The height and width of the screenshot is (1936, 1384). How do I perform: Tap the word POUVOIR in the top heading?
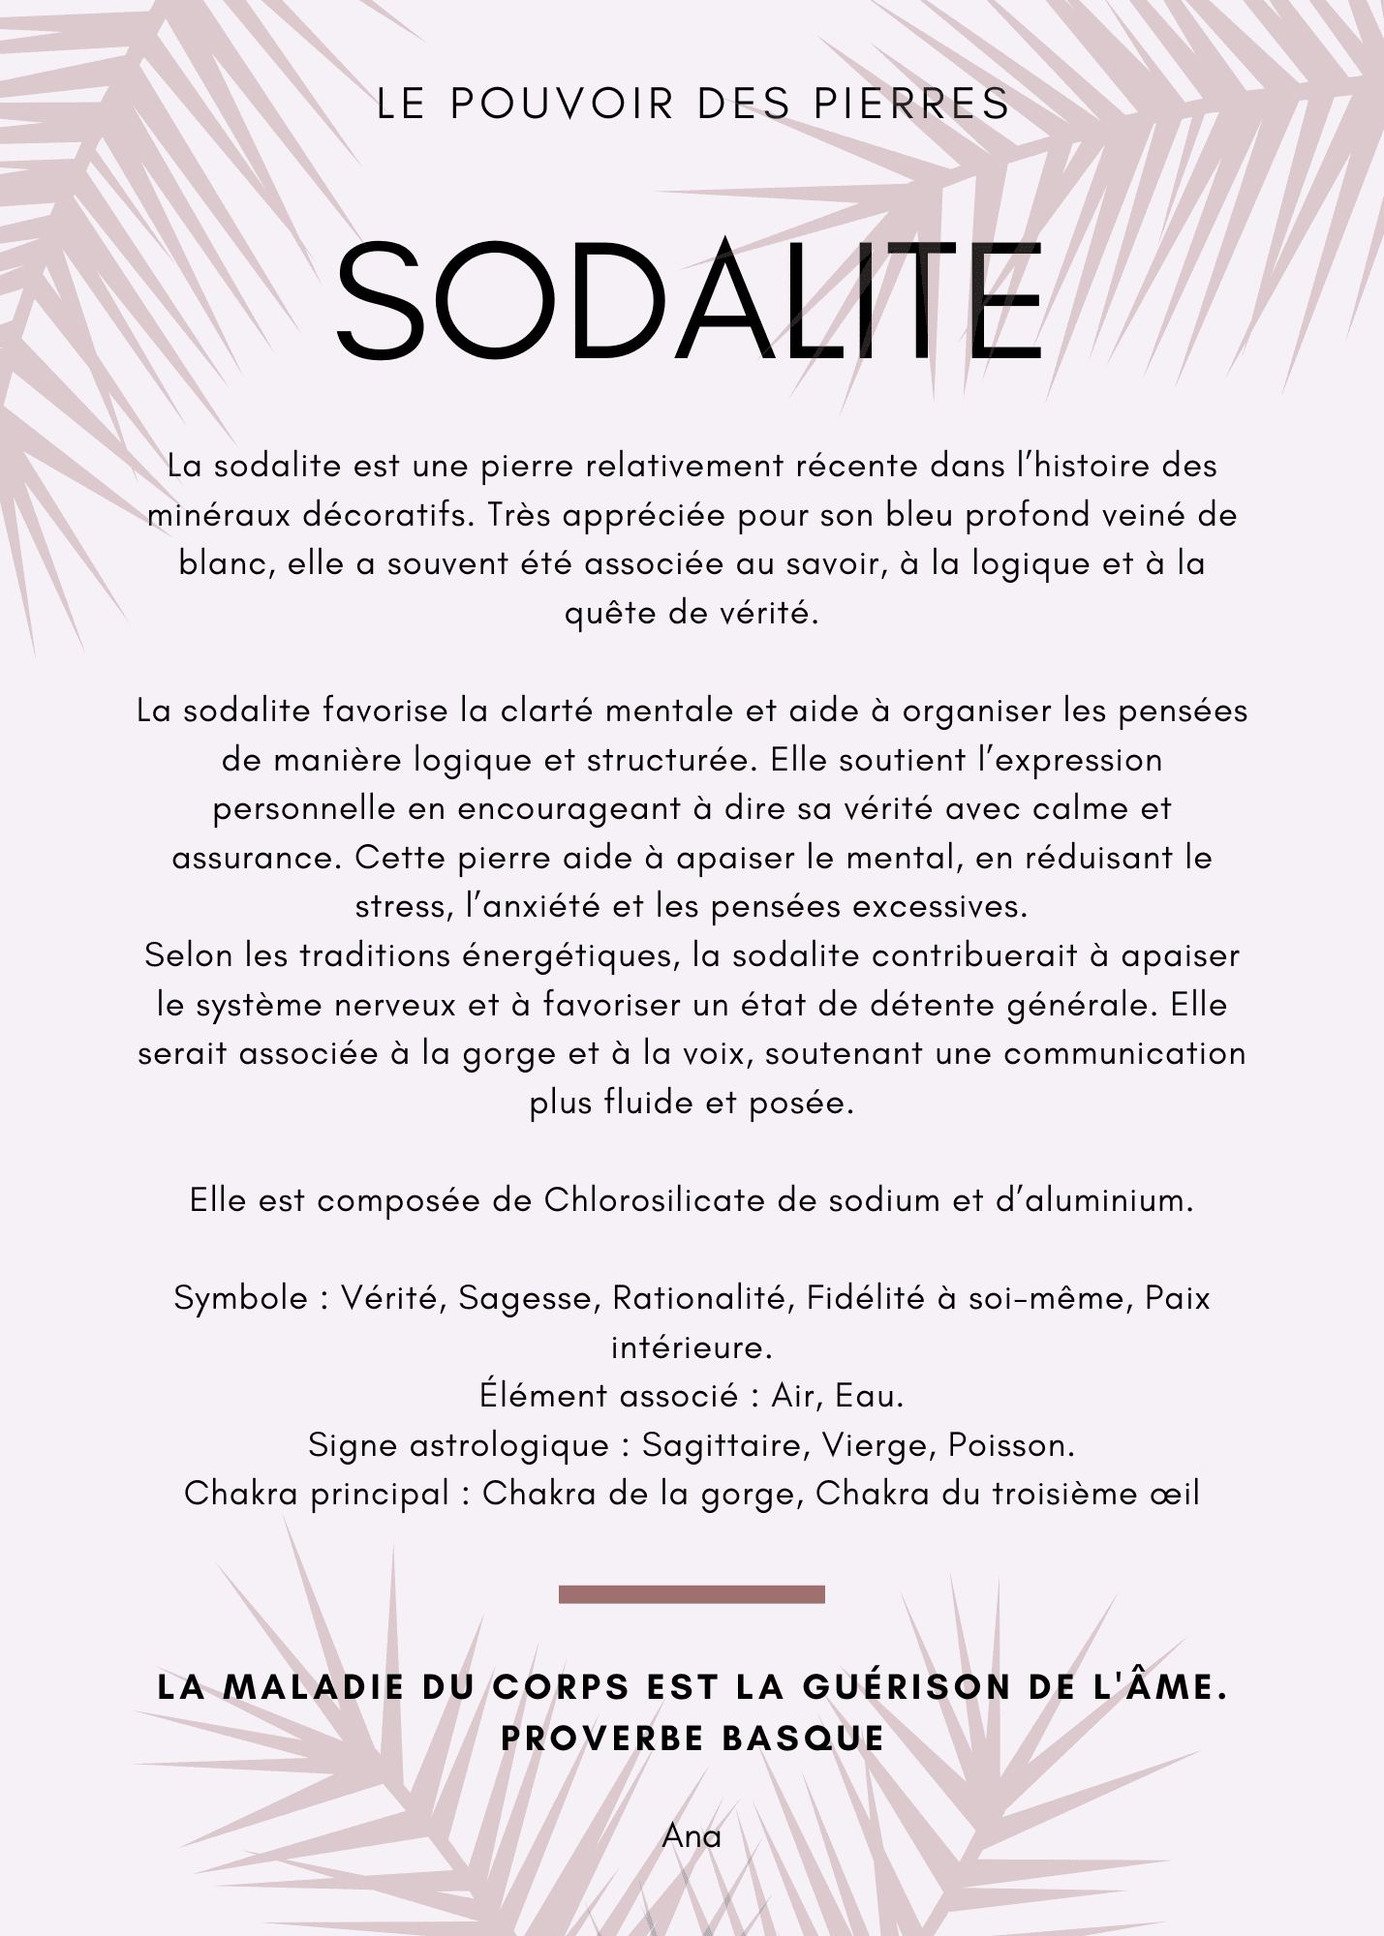click(562, 105)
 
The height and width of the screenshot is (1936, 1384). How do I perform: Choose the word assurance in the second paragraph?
click(258, 859)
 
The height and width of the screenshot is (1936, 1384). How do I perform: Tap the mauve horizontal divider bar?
click(692, 1594)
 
